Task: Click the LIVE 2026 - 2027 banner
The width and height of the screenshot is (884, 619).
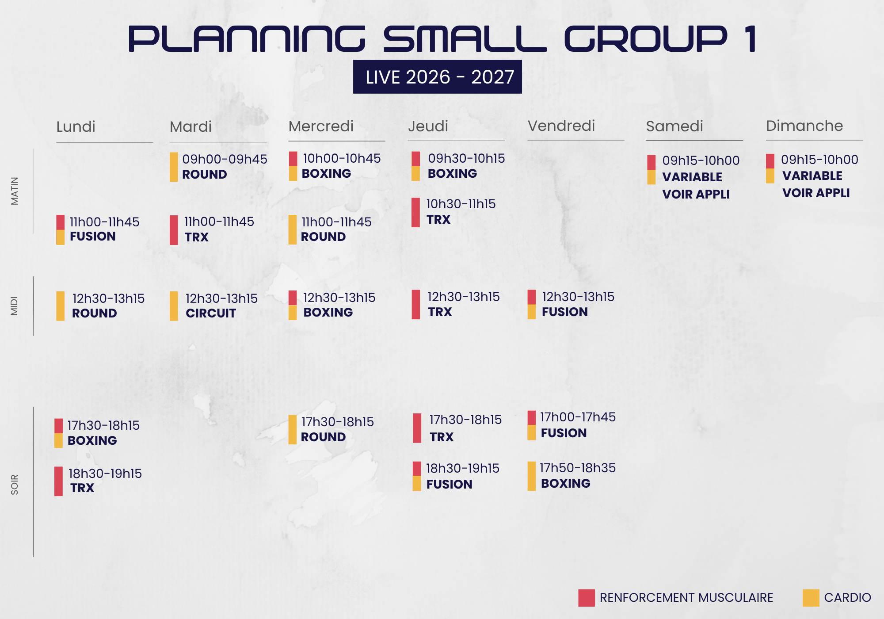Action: (437, 77)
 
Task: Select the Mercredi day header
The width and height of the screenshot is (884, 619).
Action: (321, 126)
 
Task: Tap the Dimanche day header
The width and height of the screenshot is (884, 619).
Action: (804, 126)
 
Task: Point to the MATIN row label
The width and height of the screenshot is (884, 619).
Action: (15, 191)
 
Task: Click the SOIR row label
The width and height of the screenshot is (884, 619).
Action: (15, 485)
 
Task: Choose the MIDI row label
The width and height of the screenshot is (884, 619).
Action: (15, 306)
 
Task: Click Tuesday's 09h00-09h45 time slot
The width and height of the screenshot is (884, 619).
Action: (225, 159)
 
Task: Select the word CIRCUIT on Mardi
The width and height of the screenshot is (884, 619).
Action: (211, 313)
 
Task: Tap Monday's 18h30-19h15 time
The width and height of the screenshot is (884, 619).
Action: (105, 474)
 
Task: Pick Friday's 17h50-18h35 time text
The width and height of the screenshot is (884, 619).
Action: (578, 468)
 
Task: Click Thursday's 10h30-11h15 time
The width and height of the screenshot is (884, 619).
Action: (461, 204)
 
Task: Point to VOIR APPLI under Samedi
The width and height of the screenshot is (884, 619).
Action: (696, 194)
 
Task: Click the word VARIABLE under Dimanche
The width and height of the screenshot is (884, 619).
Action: (812, 176)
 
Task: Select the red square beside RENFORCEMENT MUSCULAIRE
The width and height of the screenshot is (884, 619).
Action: (587, 598)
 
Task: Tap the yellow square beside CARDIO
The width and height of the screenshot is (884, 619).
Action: (811, 598)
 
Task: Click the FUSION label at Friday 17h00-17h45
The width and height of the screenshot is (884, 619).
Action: (564, 433)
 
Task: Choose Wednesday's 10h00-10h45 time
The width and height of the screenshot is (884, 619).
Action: (342, 158)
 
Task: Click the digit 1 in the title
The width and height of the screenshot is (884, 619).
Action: (751, 39)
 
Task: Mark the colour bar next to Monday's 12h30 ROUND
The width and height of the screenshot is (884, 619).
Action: (61, 306)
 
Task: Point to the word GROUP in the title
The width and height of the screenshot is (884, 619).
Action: (646, 39)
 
